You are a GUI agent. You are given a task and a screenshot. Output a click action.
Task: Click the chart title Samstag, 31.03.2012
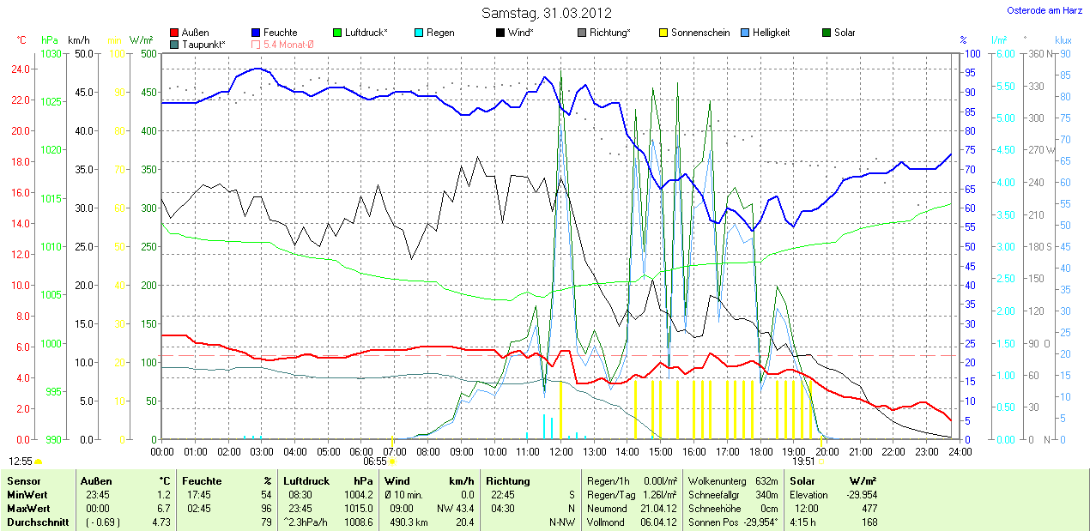tap(546, 13)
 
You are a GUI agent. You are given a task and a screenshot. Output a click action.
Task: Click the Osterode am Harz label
tap(1044, 10)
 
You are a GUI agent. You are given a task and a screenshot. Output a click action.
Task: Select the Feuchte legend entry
tap(280, 33)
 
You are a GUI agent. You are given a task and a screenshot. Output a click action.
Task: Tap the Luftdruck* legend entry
tap(366, 33)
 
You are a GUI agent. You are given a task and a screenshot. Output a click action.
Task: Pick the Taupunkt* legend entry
tap(203, 44)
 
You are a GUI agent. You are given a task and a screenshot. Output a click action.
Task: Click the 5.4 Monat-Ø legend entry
tap(288, 44)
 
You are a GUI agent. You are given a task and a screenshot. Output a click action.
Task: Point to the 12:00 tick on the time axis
tap(561, 451)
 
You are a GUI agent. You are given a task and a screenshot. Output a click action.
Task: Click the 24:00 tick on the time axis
tap(960, 451)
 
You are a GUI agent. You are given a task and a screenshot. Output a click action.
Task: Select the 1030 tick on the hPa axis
tap(51, 53)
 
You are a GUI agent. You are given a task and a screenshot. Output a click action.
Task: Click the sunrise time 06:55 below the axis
tap(374, 462)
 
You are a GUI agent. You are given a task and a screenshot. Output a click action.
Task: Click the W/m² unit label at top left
tap(141, 40)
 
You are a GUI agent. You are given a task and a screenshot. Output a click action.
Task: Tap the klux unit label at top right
tap(1063, 40)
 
